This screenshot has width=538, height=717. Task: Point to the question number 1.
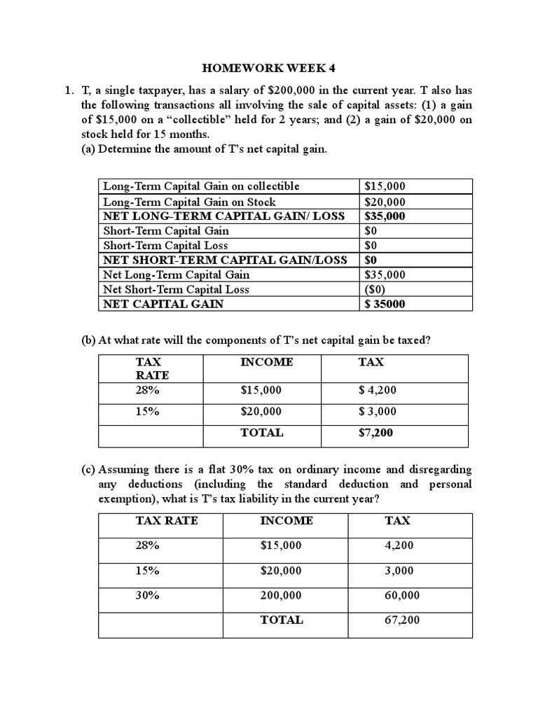tap(68, 90)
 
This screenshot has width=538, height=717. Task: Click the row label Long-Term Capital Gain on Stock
tap(189, 201)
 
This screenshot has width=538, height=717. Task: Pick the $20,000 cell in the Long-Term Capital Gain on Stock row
tap(385, 201)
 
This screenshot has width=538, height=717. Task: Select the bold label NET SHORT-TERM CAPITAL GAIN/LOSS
tap(225, 260)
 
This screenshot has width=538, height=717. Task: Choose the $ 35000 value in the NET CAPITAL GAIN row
tap(385, 304)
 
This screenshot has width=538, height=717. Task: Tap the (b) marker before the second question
tap(88, 340)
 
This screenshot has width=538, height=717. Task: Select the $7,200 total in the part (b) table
tap(375, 433)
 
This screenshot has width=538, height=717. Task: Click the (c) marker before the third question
tap(88, 468)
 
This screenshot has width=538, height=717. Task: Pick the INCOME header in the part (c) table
tap(287, 520)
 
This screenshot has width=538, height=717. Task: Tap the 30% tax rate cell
tap(147, 595)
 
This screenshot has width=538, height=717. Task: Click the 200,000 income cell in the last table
tap(281, 595)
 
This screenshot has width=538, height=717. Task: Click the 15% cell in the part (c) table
tap(147, 571)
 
